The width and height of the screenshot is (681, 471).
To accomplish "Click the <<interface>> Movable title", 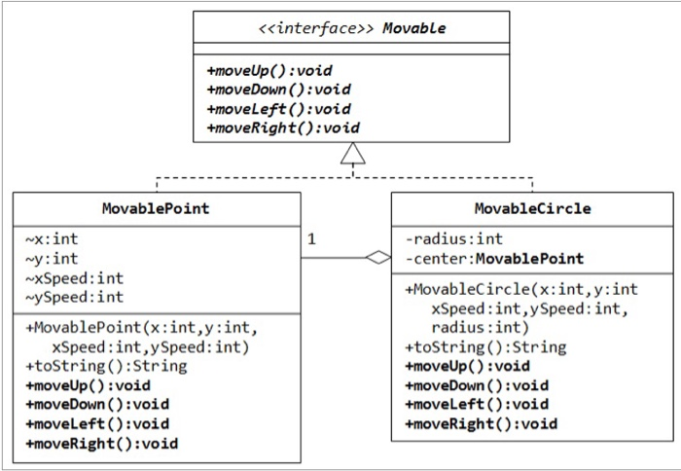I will pos(351,28).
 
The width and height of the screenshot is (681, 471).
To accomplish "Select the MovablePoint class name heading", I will pos(156,208).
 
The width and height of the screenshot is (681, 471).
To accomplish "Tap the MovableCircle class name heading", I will pos(532,208).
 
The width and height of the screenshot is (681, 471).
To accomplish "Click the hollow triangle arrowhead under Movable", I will pos(352,153).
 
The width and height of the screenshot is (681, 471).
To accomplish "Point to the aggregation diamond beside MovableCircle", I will pos(377,258).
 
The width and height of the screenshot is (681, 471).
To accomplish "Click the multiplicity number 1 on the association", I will pos(311,237).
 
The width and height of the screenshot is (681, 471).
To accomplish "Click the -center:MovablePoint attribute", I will pos(494,258).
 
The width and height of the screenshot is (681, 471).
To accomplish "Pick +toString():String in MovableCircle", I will pos(484,346).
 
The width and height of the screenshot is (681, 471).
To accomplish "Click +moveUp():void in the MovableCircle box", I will pos(467,366).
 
